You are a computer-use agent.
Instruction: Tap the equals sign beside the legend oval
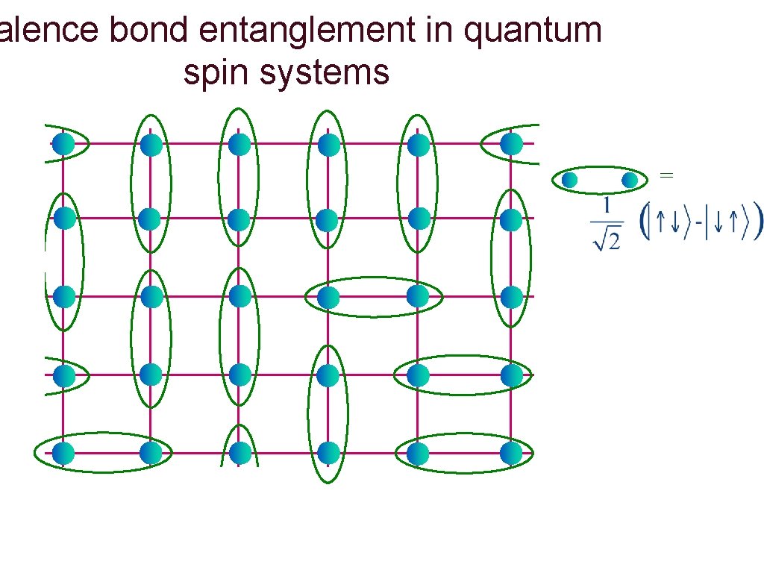[667, 175]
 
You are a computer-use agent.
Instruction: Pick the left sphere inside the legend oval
[570, 180]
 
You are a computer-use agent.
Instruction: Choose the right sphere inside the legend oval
[630, 180]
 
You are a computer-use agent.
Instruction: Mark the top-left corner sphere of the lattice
[64, 143]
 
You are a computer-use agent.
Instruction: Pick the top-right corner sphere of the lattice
[511, 143]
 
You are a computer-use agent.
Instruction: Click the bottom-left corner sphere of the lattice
[64, 452]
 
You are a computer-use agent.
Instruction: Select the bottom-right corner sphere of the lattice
[511, 452]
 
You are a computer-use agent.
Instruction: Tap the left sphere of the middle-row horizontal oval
[328, 297]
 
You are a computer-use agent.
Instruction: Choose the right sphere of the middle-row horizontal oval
[418, 297]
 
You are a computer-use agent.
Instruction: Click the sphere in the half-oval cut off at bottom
[239, 452]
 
